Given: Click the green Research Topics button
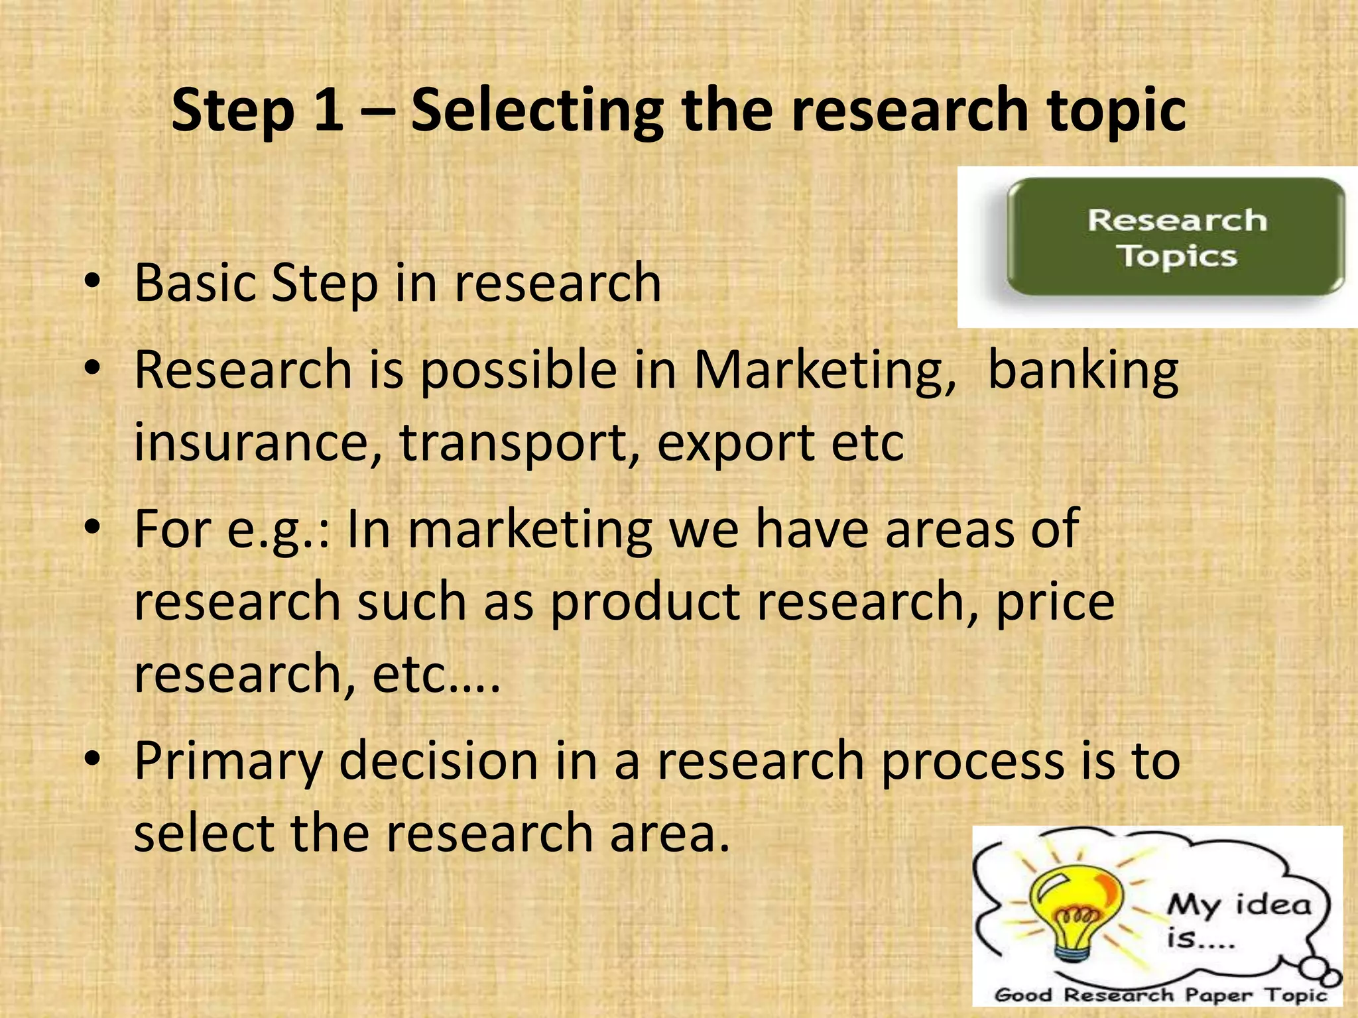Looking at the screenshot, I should click(x=1176, y=238).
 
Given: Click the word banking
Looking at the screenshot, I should click(x=1083, y=371).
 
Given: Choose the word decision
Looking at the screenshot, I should click(x=438, y=760).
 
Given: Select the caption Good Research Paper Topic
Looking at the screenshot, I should click(x=1160, y=995).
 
